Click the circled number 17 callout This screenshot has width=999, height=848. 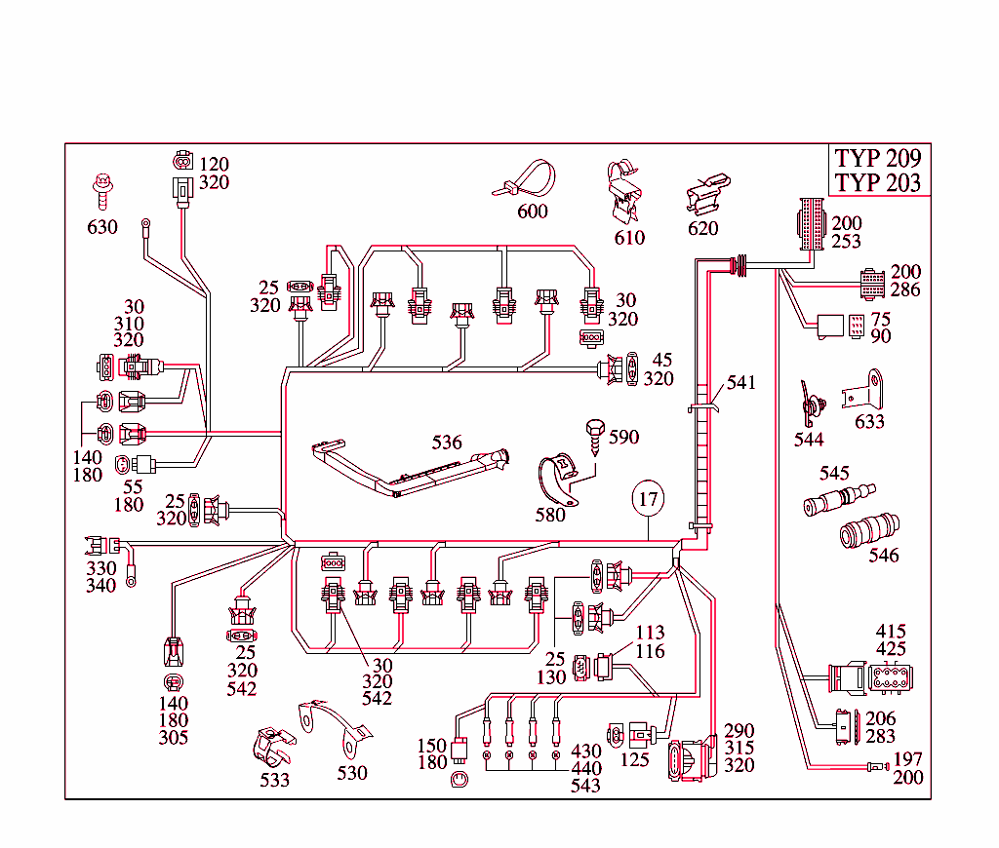coord(647,499)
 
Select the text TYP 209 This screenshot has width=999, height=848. coord(877,158)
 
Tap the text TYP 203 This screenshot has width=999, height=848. coord(877,182)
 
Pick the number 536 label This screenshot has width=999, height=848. coord(448,443)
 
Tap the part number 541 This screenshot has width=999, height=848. coord(741,383)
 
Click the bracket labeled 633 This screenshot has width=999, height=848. coord(865,390)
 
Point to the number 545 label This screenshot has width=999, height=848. coord(834,474)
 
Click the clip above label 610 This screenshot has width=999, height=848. coord(623,190)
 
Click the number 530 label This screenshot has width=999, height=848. coord(352,773)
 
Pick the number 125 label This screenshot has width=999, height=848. coord(634,759)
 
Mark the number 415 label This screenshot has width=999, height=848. coord(891,631)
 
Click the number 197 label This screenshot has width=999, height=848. coord(907,759)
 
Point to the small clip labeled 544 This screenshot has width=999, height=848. coord(809,403)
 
